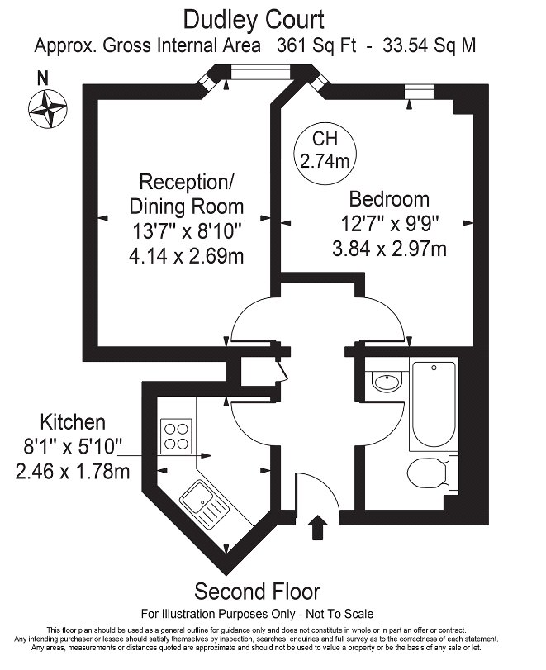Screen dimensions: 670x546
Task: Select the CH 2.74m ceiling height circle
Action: point(324,150)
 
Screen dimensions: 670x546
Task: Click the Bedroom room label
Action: point(389,199)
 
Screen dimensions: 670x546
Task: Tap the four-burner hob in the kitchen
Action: point(176,435)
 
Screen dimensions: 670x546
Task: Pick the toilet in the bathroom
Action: point(430,473)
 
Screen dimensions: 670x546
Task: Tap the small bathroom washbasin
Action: point(384,382)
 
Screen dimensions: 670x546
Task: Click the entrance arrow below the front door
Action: point(317,527)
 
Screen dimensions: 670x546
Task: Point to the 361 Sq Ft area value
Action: point(318,45)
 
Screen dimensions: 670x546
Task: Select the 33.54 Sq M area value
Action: point(430,45)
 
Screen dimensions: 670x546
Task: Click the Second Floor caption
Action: point(257,592)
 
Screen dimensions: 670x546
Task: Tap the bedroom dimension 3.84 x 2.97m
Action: point(389,248)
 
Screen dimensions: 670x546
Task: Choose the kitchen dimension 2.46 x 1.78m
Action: point(73,472)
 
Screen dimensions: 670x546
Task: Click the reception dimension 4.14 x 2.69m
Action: point(186,255)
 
